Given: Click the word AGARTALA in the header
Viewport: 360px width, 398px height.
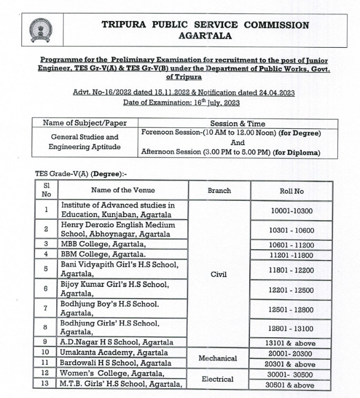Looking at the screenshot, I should pyautogui.click(x=205, y=36).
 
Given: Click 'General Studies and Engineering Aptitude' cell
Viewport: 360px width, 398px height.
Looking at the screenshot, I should pyautogui.click(x=84, y=142).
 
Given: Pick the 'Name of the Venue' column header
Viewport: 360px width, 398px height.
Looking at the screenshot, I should pyautogui.click(x=123, y=190).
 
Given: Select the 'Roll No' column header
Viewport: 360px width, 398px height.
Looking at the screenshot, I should pyautogui.click(x=292, y=190).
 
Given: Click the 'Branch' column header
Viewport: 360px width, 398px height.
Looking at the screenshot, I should pyautogui.click(x=219, y=190).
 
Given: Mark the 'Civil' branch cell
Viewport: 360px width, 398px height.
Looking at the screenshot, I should pyautogui.click(x=219, y=274).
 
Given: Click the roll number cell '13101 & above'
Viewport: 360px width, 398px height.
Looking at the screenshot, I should pyautogui.click(x=292, y=343).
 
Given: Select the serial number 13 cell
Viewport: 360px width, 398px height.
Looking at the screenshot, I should pyautogui.click(x=46, y=383).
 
